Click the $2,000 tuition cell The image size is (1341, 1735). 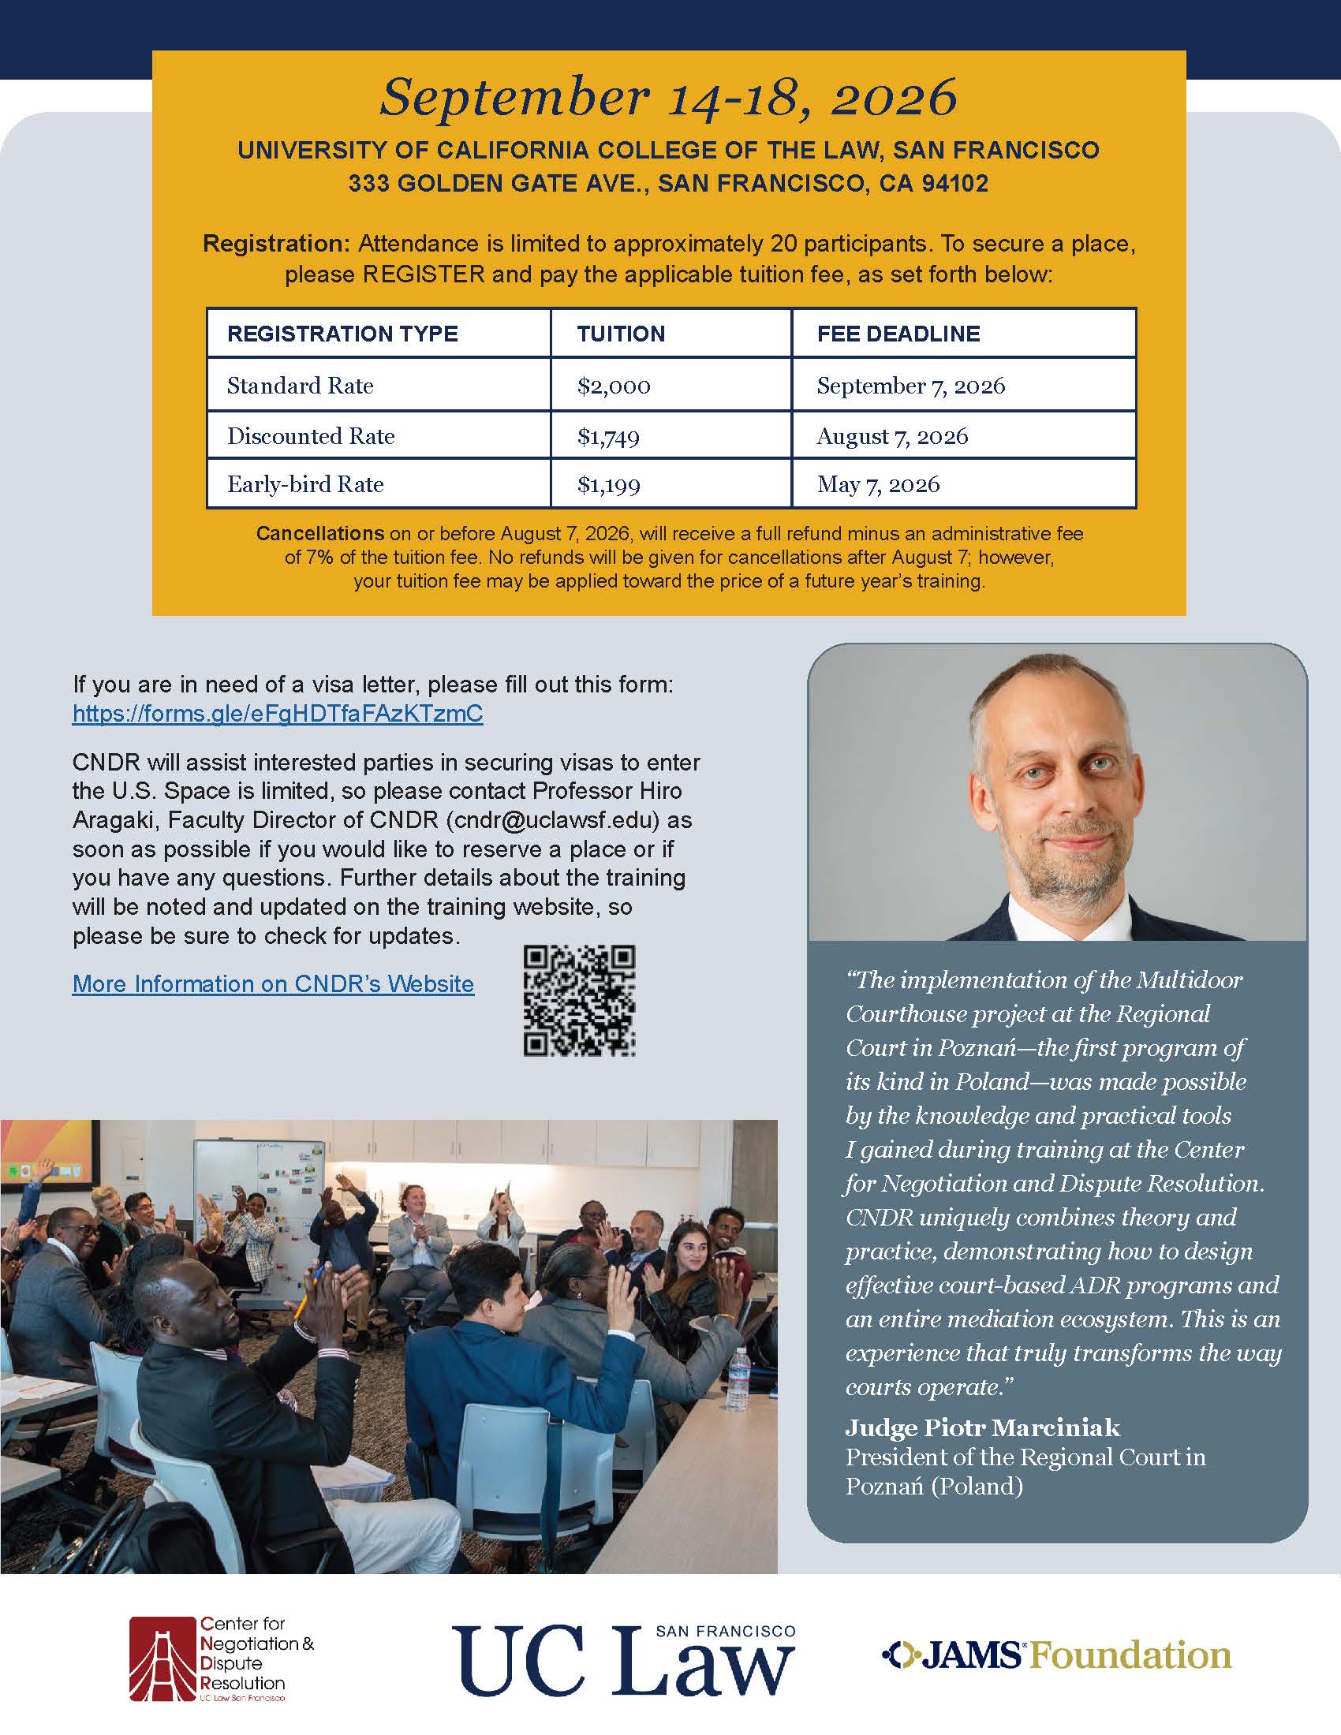(x=614, y=386)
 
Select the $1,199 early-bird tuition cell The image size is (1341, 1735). (x=608, y=484)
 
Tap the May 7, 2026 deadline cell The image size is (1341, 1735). (x=878, y=484)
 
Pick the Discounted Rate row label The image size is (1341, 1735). (x=311, y=436)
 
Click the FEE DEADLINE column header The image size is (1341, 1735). (x=898, y=334)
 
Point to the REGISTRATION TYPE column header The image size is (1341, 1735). (x=342, y=334)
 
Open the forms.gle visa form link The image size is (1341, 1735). (x=277, y=714)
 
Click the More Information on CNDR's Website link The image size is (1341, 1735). (x=272, y=983)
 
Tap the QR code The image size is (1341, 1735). (x=579, y=1000)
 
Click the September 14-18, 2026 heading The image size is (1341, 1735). (x=668, y=97)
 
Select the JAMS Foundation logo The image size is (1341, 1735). (x=1056, y=1655)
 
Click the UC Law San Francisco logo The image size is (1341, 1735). (x=624, y=1659)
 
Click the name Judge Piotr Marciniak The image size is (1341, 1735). (x=982, y=1428)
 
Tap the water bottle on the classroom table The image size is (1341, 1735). (x=739, y=1379)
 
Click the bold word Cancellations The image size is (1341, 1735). (x=319, y=534)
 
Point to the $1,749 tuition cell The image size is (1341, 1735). (x=608, y=436)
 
